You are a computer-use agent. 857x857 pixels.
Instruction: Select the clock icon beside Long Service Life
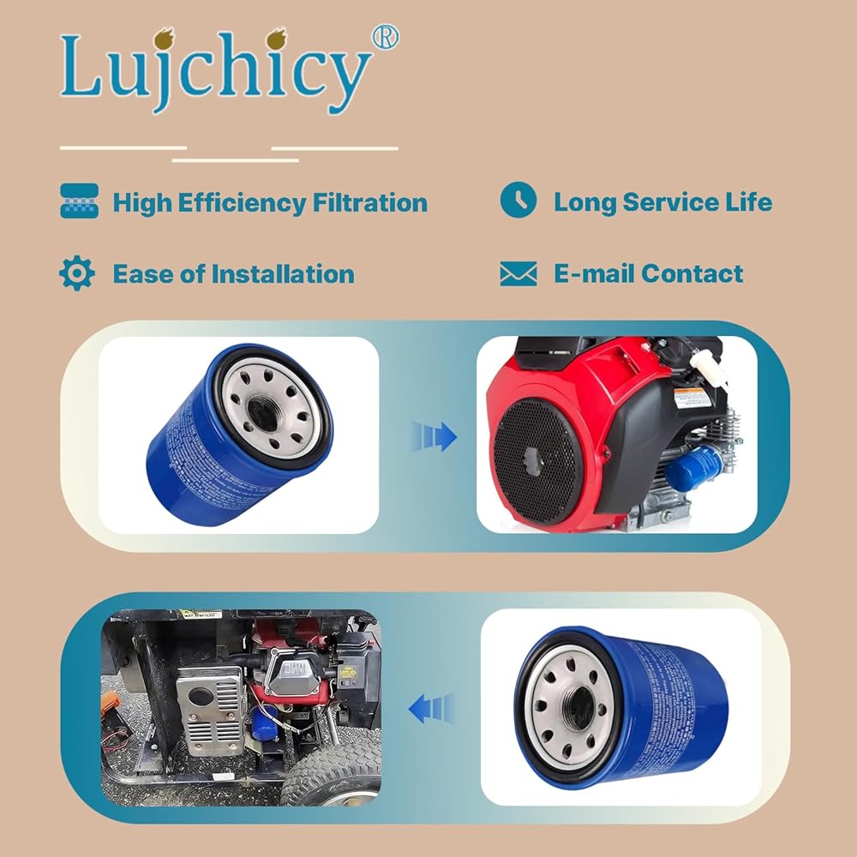(518, 201)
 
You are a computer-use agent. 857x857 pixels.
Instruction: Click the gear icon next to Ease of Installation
(77, 273)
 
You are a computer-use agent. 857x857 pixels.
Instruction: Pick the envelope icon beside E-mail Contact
(518, 274)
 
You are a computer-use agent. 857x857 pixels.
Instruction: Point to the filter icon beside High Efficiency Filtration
(79, 202)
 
